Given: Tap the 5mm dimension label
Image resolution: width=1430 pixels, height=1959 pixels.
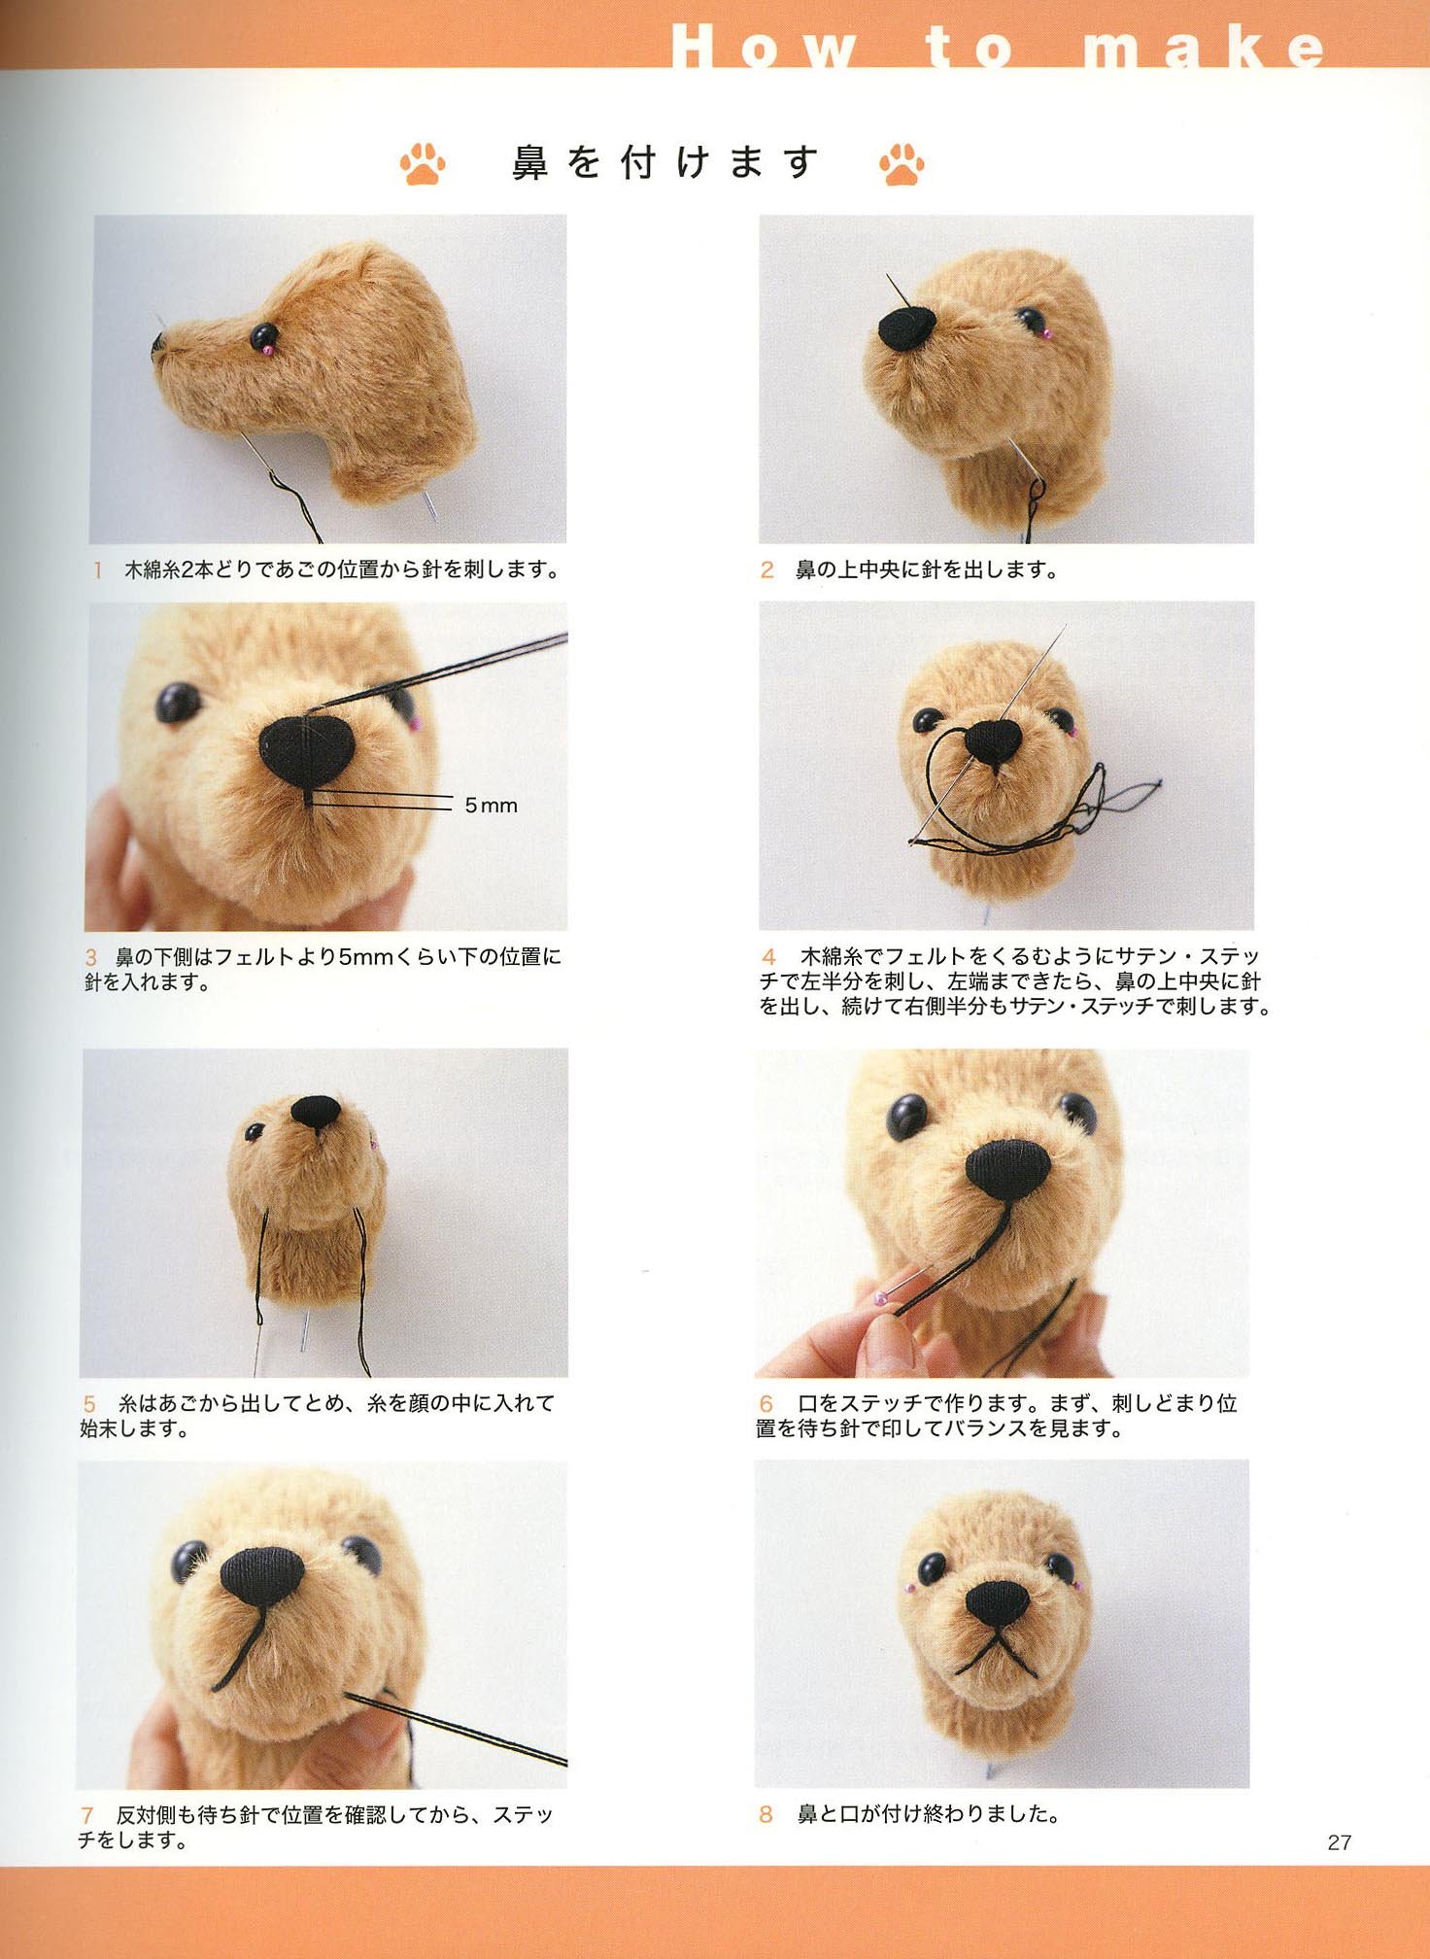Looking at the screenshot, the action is (x=491, y=806).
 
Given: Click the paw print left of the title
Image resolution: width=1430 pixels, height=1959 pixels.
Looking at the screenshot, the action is (x=423, y=164).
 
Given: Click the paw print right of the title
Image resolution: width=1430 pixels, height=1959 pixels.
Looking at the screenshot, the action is (x=902, y=164).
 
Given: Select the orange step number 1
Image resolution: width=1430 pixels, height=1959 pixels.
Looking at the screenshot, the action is (x=97, y=570).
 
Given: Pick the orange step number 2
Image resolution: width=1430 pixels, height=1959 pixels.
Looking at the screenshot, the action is (x=766, y=570).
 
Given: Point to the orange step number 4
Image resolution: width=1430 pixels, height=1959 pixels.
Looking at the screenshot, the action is (x=768, y=957).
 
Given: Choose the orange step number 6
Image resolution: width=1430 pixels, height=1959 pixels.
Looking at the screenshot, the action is (x=766, y=1404).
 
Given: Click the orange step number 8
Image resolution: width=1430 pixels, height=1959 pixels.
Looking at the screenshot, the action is (x=766, y=1814).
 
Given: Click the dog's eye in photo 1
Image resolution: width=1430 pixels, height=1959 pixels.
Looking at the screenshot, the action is (x=262, y=337).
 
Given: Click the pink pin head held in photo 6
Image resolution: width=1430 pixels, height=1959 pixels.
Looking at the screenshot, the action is (x=881, y=1298).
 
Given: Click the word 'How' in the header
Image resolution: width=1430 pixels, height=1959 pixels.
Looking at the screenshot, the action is (x=764, y=48).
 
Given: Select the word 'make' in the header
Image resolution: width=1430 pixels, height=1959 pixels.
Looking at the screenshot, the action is (x=1204, y=48).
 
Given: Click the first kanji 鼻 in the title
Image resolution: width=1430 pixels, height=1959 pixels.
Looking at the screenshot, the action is (x=530, y=163).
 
